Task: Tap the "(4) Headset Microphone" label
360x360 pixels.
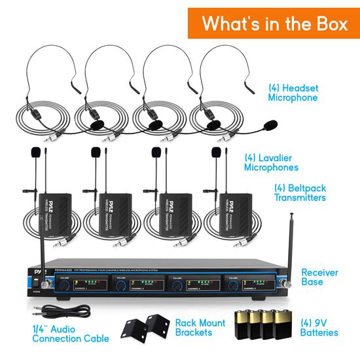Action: [293, 92]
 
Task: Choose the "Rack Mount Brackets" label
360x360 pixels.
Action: [194, 328]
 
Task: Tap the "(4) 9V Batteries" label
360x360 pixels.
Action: [317, 328]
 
